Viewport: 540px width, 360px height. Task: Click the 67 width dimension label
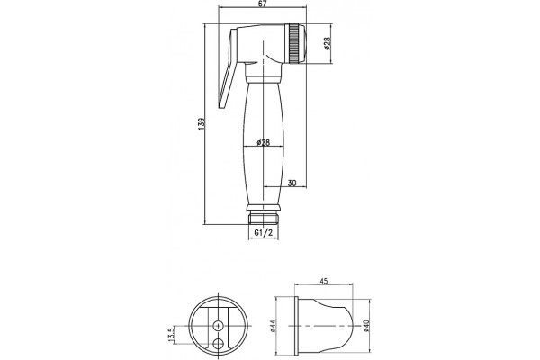[x=263, y=3]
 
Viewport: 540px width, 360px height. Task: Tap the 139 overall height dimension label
[x=202, y=124]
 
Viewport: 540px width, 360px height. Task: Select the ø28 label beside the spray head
[x=328, y=43]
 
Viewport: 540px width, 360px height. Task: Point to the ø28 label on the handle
[x=263, y=142]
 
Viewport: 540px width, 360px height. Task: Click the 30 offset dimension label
[x=292, y=183]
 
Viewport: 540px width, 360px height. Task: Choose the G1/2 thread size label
[x=264, y=233]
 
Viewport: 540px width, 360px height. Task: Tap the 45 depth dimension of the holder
[x=324, y=281]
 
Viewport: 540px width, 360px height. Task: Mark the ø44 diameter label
[x=273, y=326]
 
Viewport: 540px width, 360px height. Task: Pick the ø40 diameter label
[x=365, y=326]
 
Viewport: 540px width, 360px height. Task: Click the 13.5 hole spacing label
[x=172, y=335]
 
